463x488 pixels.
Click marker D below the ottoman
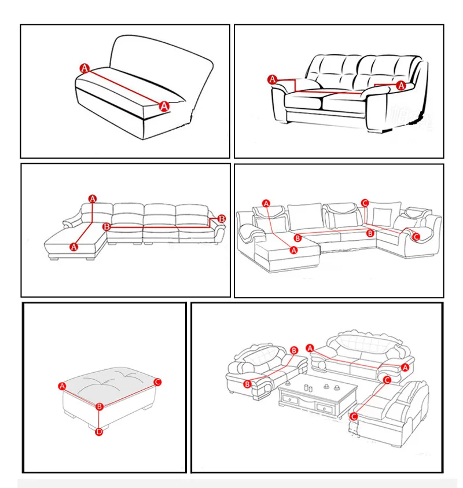click(98, 431)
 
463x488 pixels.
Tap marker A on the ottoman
click(63, 386)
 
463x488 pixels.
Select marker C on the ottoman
click(157, 382)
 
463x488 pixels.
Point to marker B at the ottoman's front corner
click(100, 406)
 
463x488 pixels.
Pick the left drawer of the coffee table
click(291, 399)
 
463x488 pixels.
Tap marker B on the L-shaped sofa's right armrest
click(222, 219)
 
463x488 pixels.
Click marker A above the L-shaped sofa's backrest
click(93, 199)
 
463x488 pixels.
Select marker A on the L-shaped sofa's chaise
click(74, 247)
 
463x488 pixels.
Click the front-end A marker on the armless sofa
click(164, 107)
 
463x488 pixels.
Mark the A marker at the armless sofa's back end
click(84, 68)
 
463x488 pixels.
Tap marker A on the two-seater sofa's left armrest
click(273, 79)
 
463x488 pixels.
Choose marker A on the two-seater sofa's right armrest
click(401, 85)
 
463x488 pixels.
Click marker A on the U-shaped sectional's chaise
click(294, 250)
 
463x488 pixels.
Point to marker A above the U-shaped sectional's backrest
click(266, 204)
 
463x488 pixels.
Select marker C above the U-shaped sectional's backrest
click(365, 203)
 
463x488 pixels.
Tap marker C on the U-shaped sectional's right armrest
click(416, 237)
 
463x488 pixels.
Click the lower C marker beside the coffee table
click(354, 416)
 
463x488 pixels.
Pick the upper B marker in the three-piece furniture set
click(294, 350)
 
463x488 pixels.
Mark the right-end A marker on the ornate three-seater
click(405, 368)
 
